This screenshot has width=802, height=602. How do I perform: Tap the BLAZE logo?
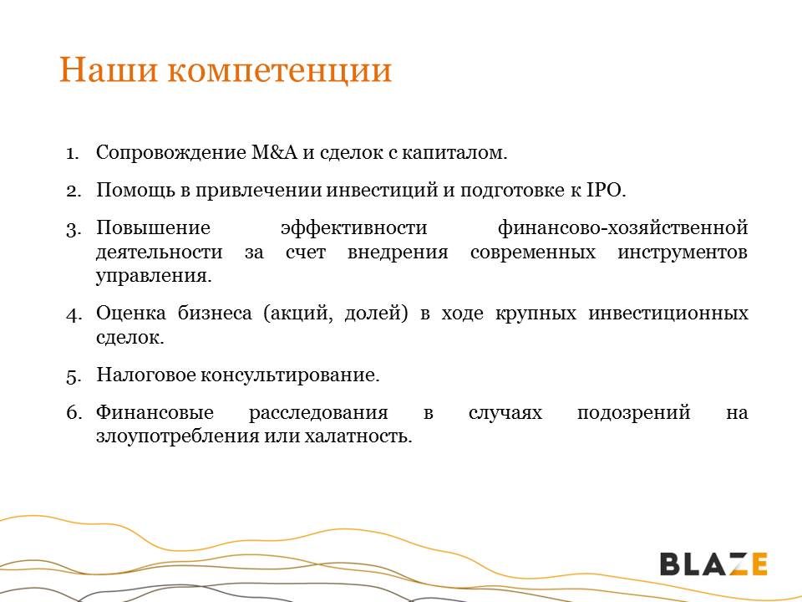[x=713, y=564]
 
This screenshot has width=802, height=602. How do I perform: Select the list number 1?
[x=72, y=153]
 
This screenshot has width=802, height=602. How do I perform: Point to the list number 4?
[x=74, y=314]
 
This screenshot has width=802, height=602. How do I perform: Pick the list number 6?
[x=74, y=412]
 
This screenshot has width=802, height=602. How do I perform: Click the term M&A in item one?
[x=274, y=152]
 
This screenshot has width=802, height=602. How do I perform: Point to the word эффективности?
[x=354, y=227]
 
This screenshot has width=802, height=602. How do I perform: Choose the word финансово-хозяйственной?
[x=623, y=227]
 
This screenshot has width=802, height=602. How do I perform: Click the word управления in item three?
[x=154, y=276]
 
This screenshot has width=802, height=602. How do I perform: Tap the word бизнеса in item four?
[x=215, y=314]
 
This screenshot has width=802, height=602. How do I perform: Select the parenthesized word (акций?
[x=297, y=314]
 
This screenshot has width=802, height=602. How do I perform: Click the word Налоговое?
[x=145, y=375]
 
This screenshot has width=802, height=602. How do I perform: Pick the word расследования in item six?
[x=318, y=412]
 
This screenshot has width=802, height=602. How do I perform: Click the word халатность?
[x=358, y=436]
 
